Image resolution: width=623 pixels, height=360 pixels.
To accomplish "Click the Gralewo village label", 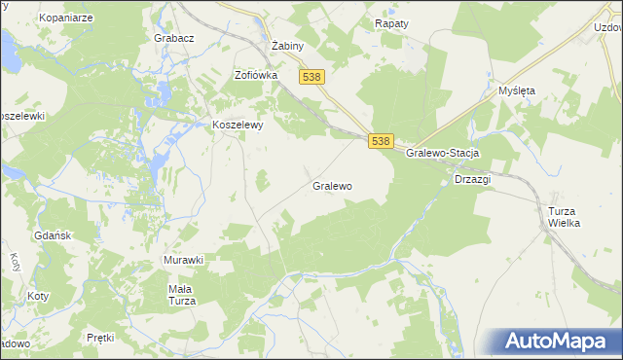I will click(x=332, y=185).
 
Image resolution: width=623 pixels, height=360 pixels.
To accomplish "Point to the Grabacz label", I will click(x=174, y=38).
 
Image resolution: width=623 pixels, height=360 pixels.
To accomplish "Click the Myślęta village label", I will click(x=517, y=90).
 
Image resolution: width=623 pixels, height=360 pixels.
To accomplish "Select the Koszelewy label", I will click(x=238, y=125).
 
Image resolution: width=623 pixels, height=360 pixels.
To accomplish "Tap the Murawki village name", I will click(x=182, y=260).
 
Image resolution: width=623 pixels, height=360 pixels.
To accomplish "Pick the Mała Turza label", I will click(x=182, y=295).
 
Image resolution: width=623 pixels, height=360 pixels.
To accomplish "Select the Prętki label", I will click(x=100, y=338).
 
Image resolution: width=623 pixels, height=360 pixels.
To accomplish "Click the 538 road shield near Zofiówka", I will click(x=311, y=77).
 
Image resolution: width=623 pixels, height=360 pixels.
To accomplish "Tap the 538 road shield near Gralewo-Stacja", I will click(x=381, y=141).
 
